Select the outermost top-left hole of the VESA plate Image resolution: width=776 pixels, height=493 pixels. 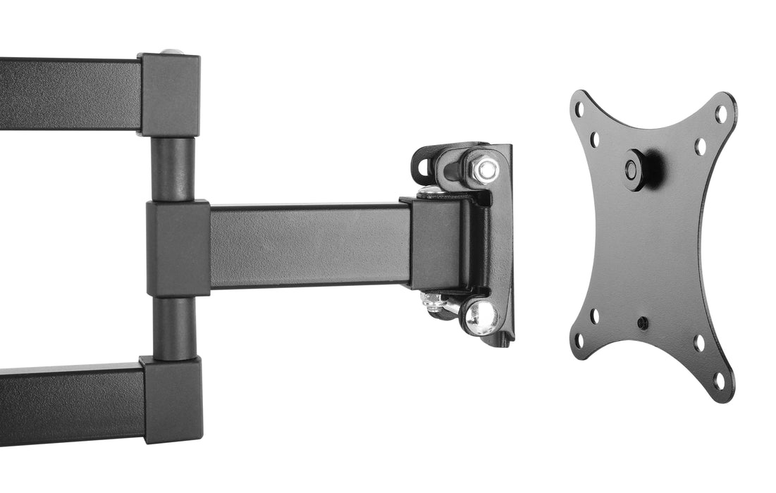(x=579, y=110)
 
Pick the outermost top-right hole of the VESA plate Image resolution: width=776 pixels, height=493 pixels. (x=721, y=113)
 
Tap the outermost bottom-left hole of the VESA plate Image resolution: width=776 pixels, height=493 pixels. (x=579, y=341)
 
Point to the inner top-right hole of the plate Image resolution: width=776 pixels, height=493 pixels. (x=700, y=146)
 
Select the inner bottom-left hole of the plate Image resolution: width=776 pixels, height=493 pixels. (x=594, y=316)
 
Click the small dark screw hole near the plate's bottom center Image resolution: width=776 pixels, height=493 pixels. (x=641, y=323)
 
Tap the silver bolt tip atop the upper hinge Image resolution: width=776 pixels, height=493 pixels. (x=169, y=52)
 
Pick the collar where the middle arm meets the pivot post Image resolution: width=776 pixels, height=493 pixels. (x=178, y=248)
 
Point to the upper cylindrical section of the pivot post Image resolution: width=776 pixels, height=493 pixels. (x=173, y=169)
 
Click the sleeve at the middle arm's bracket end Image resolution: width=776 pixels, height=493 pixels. (x=433, y=244)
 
